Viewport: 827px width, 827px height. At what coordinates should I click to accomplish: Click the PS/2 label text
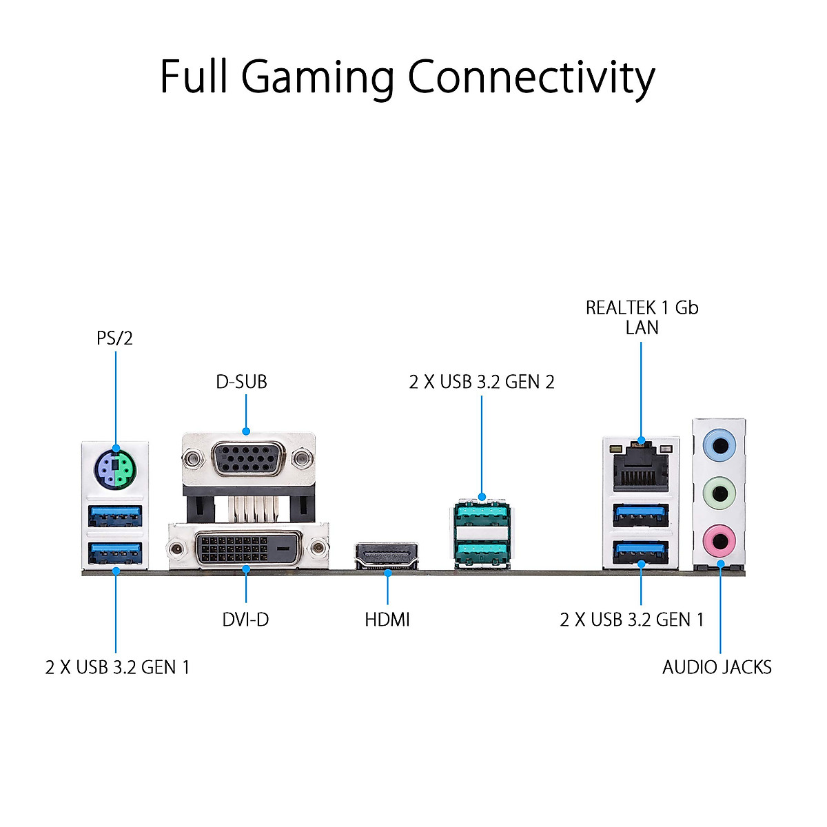coord(114,338)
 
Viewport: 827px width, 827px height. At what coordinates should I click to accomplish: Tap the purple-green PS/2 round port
coord(115,469)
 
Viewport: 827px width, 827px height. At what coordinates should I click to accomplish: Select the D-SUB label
coord(241,382)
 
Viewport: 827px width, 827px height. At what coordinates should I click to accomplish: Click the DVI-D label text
coord(245,620)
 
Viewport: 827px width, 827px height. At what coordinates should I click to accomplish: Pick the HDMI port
coord(387,556)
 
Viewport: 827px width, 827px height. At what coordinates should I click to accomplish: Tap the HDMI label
coord(387,620)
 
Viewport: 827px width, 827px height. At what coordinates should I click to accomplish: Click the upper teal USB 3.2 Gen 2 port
coord(481,515)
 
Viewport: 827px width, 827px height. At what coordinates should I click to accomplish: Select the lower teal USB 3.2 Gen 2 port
coord(481,551)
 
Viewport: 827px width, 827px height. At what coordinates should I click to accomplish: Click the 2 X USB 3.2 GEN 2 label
coord(481,382)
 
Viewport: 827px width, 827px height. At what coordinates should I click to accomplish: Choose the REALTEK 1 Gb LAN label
coord(642,317)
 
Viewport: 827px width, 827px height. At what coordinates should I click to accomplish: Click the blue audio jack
coord(719,445)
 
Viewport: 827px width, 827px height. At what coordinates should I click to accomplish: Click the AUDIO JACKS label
coord(717,667)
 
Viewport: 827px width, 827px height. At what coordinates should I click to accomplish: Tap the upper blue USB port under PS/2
coord(115,515)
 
